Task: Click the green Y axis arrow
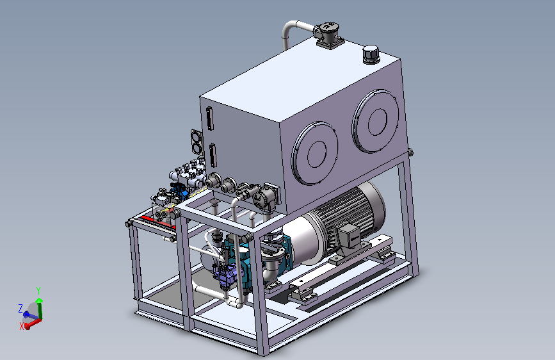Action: [x=40, y=309]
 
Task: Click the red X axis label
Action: [x=22, y=326]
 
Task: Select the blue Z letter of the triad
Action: [x=20, y=308]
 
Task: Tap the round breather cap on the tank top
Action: [x=371, y=54]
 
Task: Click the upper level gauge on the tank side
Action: [x=210, y=119]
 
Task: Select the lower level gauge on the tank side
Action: [x=213, y=155]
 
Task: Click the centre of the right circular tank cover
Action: [x=376, y=121]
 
